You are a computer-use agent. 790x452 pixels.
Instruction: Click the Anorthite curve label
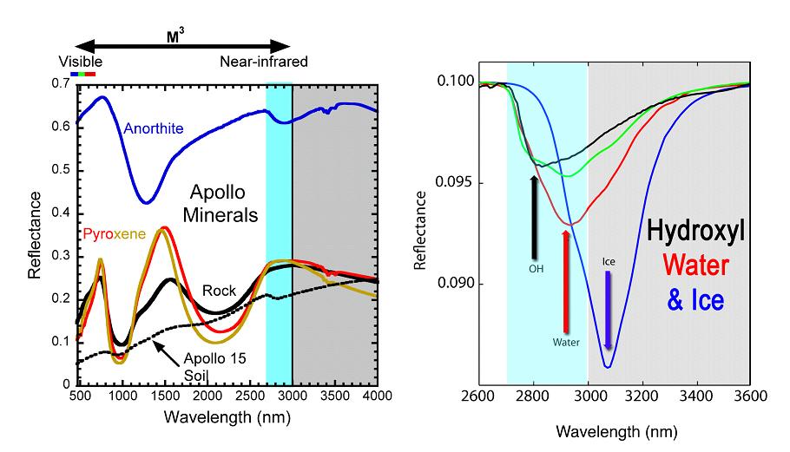click(x=155, y=129)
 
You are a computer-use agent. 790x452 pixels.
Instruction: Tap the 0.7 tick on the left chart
click(x=62, y=84)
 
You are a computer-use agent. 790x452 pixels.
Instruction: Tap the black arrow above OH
click(x=536, y=214)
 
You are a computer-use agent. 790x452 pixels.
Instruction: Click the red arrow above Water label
click(x=566, y=279)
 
